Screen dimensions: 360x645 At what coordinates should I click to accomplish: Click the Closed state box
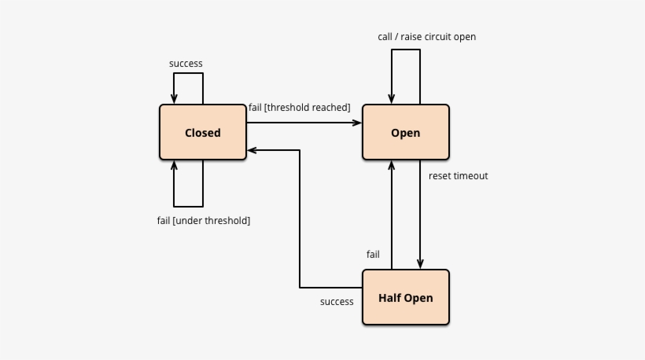(203, 133)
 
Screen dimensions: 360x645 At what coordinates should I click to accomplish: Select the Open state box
(406, 133)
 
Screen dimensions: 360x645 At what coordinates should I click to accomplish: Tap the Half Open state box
(406, 298)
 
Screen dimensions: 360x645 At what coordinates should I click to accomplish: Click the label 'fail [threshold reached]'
(299, 108)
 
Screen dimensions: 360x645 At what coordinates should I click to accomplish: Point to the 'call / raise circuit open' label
(426, 37)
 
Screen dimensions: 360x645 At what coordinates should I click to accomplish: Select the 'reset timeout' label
(458, 176)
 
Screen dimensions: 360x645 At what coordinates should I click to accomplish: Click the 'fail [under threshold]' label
(204, 221)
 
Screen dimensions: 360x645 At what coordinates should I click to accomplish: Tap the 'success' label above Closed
(186, 64)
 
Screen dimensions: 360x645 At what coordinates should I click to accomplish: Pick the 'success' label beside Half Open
(337, 302)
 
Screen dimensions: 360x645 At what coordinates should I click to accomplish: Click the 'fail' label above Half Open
(373, 255)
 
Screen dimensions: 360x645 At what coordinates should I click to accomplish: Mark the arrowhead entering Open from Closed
(357, 123)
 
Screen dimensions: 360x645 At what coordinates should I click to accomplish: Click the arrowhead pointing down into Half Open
(420, 265)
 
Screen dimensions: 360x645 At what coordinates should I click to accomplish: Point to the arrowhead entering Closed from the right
(252, 149)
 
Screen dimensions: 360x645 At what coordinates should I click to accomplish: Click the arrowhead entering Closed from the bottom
(174, 165)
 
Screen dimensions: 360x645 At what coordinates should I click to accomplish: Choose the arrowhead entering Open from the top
(392, 100)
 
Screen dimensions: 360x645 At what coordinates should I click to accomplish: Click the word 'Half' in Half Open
(390, 298)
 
